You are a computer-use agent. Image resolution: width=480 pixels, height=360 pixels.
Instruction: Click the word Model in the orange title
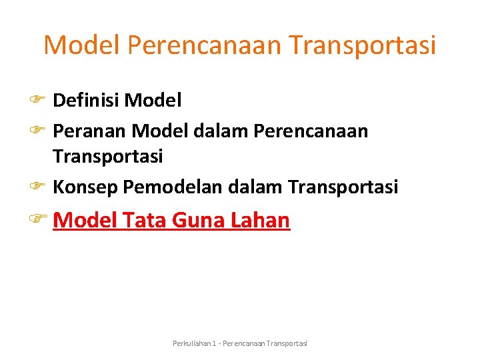tap(81, 45)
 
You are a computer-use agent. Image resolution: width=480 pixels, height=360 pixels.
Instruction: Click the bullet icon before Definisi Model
tap(36, 101)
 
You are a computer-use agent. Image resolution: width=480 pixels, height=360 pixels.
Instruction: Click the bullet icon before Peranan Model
tap(36, 131)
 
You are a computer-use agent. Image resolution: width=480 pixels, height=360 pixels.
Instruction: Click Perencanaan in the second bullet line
tap(311, 131)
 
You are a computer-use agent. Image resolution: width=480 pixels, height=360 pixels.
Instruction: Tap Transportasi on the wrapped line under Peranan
tap(107, 157)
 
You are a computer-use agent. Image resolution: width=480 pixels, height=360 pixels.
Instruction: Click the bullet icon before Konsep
tap(36, 187)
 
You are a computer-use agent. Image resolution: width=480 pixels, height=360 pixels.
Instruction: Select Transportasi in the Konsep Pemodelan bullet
tap(343, 187)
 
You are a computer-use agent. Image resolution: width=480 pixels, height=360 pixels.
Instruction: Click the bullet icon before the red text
tap(37, 219)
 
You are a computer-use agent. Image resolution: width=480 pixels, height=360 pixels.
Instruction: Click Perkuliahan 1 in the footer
tap(194, 343)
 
